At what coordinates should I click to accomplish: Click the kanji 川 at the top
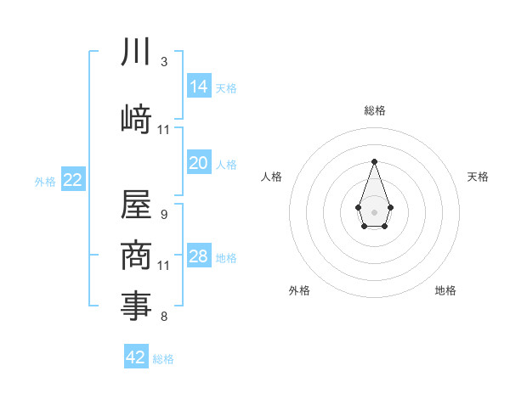coord(136,53)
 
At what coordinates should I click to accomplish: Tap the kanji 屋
coord(136,204)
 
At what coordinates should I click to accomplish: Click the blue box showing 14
coord(199,86)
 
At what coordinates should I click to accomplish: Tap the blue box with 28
coord(199,256)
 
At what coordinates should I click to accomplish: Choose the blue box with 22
coord(72,180)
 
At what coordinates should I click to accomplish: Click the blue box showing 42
coord(136,357)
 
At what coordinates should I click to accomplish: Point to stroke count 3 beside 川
coord(164,62)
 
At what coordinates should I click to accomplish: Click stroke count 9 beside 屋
coord(164,215)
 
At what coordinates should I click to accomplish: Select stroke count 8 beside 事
coord(164,317)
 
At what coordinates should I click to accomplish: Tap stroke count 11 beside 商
coord(164,266)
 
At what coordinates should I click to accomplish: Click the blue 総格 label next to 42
coord(163,359)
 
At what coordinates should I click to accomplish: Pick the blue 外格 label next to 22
coord(45,182)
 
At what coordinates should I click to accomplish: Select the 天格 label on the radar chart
coord(479,177)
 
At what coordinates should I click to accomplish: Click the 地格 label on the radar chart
coord(445,290)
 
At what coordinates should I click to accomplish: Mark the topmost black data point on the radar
coord(374,161)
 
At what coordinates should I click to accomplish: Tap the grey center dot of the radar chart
coord(374,211)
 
